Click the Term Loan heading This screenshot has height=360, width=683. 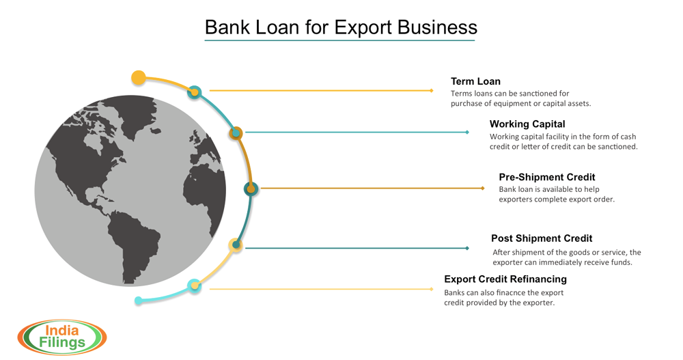(x=475, y=81)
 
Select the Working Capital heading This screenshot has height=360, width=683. (x=527, y=124)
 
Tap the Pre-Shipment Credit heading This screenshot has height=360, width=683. (x=547, y=177)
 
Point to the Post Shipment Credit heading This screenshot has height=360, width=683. (x=542, y=238)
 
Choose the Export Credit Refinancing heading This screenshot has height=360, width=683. (x=505, y=279)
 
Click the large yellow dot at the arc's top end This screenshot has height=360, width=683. (x=139, y=77)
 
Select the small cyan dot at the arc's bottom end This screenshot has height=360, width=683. (x=139, y=301)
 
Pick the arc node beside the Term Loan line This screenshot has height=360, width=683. (x=195, y=92)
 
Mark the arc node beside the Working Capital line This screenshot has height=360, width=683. (x=236, y=133)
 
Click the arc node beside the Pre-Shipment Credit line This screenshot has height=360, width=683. (x=251, y=189)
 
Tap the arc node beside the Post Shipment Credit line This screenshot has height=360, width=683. (x=236, y=245)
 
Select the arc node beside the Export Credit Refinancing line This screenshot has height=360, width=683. (x=195, y=286)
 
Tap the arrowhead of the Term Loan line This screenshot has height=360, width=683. (x=432, y=90)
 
